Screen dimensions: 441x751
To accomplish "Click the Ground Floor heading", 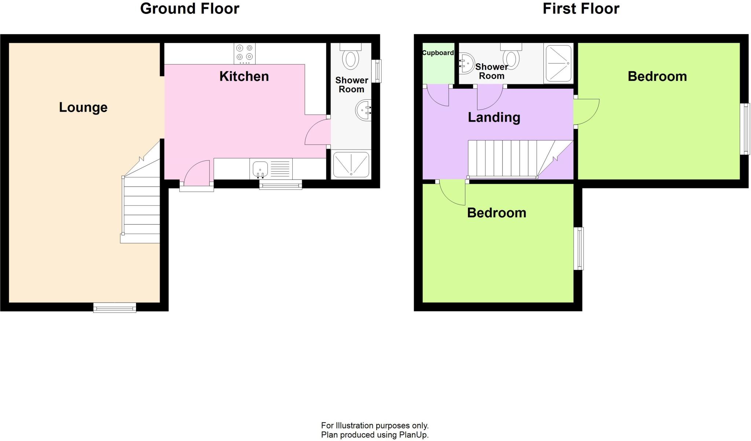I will coord(190,9).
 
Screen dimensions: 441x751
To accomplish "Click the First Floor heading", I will coord(581,9).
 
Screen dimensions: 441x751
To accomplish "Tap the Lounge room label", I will coord(83,107).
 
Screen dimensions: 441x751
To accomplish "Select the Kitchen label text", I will coord(244,76).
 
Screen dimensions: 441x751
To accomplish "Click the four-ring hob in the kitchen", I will coord(245,53).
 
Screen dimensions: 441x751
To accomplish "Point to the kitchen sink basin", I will coord(260,169).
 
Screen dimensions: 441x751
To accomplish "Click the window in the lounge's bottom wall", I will coord(115,308).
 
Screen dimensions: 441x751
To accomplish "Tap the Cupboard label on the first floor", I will coord(438,53).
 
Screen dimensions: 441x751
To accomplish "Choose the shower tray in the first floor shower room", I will coord(558,63).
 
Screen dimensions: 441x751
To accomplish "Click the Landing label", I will coord(494,117).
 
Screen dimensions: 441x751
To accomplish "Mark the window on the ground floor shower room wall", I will coord(377,71).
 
